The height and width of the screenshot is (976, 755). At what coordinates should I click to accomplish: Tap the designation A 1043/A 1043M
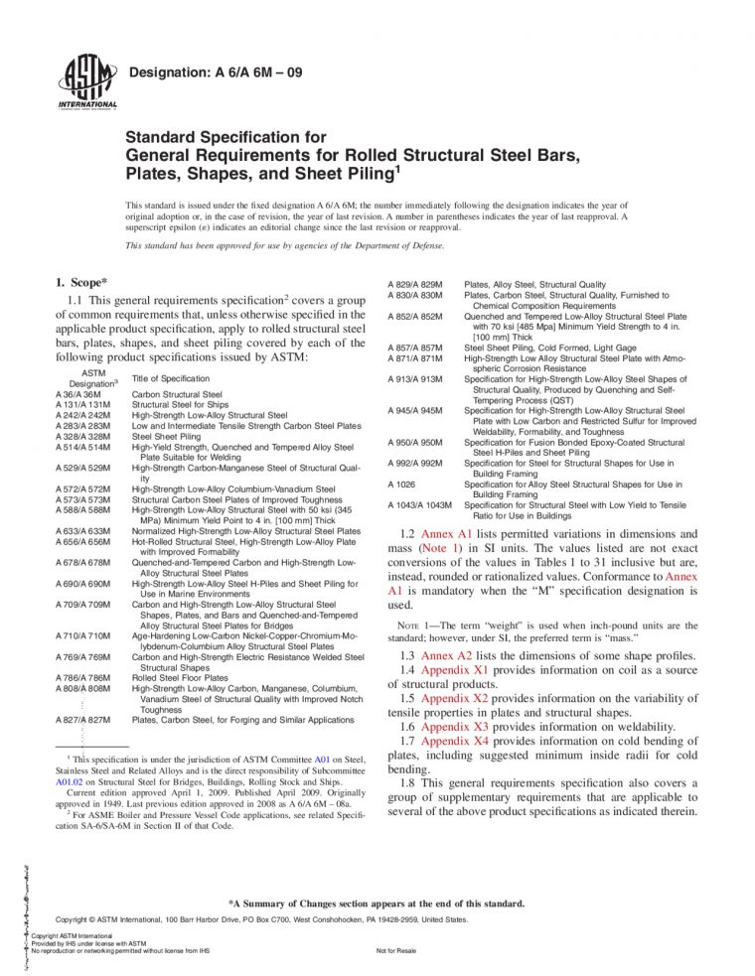418,505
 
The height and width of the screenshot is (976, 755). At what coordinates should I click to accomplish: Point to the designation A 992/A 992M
418,464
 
